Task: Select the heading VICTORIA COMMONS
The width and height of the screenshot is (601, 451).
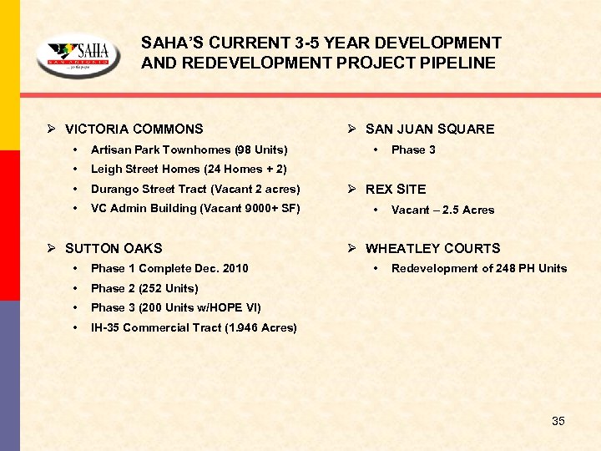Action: (134, 129)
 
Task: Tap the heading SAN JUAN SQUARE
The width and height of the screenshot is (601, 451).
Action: (429, 129)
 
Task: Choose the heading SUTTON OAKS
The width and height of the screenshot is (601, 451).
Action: (114, 248)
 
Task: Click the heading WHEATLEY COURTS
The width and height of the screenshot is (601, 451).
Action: (432, 248)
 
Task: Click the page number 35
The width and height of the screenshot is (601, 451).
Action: (558, 421)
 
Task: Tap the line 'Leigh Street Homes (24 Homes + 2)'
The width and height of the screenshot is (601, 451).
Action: (189, 169)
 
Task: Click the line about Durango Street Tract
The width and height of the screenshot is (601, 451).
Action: (195, 189)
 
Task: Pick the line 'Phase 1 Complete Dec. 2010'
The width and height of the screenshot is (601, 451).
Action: (169, 268)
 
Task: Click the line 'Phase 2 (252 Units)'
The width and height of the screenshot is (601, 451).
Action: (144, 288)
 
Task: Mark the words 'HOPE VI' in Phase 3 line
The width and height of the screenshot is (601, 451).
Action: (238, 307)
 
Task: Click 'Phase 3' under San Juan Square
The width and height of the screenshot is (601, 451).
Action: (413, 149)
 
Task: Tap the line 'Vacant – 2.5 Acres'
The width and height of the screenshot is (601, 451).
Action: (442, 210)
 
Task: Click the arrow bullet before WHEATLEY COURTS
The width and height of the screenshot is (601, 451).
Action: (353, 248)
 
